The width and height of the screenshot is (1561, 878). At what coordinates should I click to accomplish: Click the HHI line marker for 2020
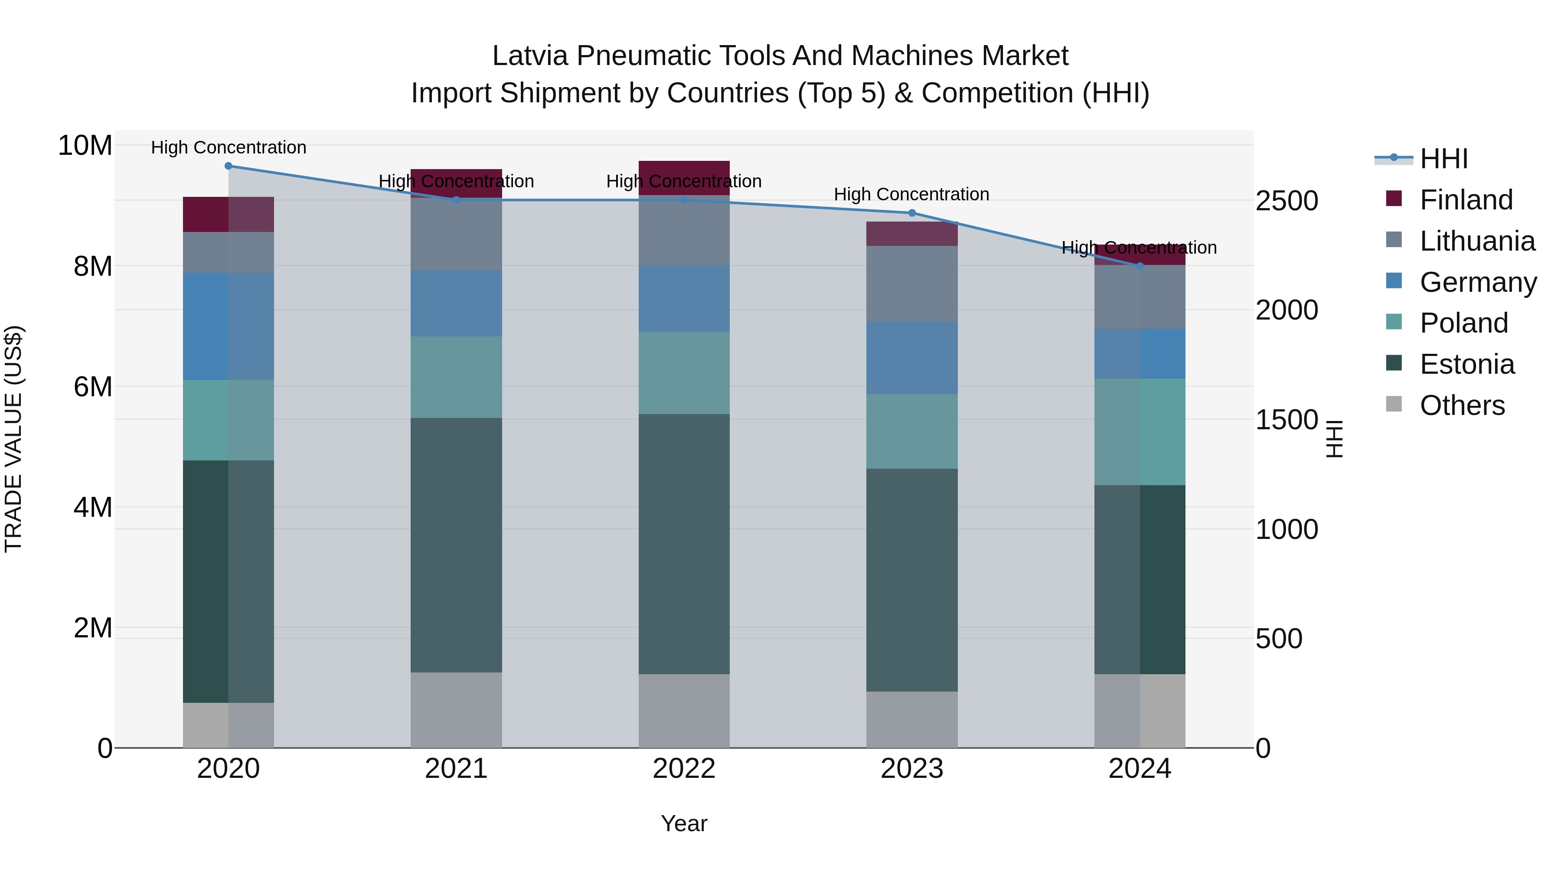coord(229,166)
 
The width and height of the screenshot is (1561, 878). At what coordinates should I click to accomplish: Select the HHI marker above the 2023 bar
coord(911,213)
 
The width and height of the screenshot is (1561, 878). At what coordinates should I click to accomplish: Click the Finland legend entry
coord(1465,200)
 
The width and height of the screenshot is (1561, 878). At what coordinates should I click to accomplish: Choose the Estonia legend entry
coord(1466,364)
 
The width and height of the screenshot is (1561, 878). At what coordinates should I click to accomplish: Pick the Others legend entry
coord(1462,405)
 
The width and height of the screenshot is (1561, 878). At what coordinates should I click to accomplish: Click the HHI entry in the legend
coord(1443,159)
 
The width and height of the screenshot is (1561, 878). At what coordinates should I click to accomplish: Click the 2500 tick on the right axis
coord(1286,201)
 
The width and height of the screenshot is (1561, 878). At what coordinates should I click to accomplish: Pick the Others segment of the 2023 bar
coord(911,719)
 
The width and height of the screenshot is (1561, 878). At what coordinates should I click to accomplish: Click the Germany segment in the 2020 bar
coord(229,326)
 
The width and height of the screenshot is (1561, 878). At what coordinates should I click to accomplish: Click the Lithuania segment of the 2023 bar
coord(911,283)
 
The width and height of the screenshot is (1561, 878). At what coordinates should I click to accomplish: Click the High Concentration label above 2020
coord(229,148)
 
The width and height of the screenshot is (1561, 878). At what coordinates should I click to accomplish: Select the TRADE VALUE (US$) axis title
coord(13,439)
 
